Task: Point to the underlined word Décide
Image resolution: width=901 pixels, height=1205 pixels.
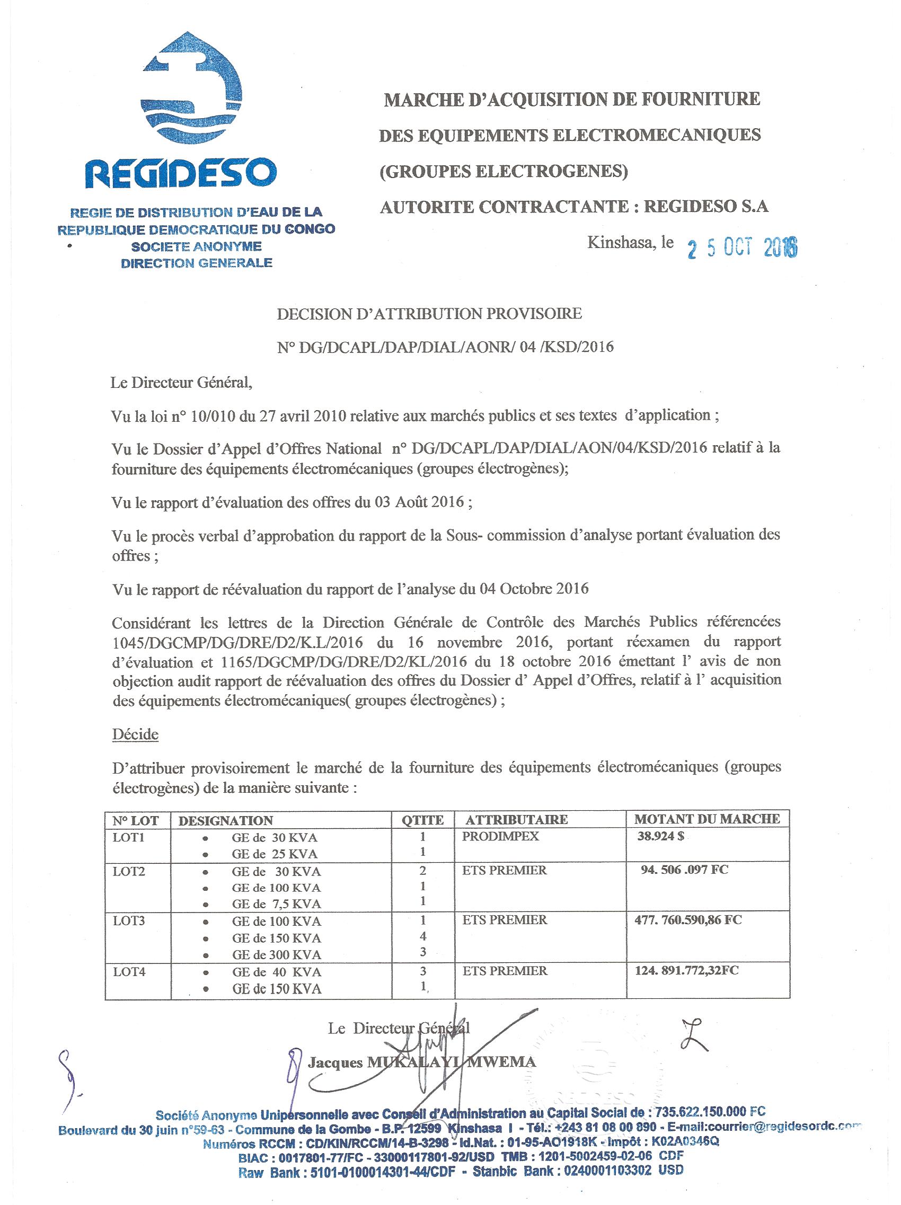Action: click(x=135, y=734)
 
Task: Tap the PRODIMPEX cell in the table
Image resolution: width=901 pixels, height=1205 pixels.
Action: click(x=500, y=837)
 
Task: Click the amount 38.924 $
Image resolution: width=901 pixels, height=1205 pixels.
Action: click(x=660, y=837)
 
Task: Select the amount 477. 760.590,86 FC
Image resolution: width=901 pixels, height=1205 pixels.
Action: click(x=688, y=920)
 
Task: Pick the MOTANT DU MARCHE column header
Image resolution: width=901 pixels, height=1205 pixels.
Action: click(x=706, y=819)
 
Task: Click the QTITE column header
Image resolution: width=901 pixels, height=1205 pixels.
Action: click(x=422, y=820)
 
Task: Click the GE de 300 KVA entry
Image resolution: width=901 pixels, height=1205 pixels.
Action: click(x=276, y=954)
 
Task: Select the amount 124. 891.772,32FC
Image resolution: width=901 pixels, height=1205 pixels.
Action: click(x=687, y=970)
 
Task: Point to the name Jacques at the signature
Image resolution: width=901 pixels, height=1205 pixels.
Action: click(x=335, y=1062)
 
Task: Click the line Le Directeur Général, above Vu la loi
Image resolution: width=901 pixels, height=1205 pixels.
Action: click(x=181, y=383)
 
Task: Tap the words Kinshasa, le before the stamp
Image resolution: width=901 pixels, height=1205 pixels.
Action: click(x=630, y=243)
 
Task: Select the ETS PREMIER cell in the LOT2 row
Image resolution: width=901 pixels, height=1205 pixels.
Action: click(x=504, y=871)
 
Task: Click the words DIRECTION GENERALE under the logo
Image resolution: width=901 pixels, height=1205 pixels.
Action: click(x=196, y=263)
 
